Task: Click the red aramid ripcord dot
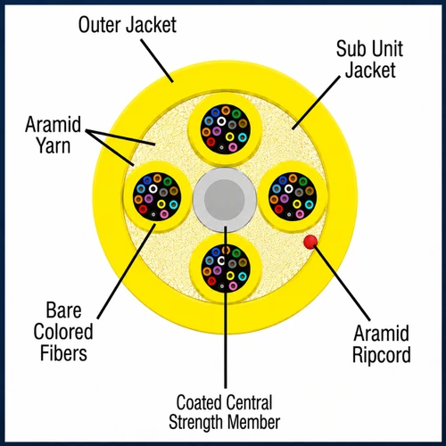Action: point(310,242)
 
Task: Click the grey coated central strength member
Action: point(225,199)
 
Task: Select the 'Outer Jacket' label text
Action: point(128,25)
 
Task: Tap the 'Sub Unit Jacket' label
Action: point(369,59)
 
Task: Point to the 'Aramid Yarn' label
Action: point(53,135)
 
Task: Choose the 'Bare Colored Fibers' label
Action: point(63,332)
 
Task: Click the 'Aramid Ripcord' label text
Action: point(382,344)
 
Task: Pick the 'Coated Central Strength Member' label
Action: point(225,412)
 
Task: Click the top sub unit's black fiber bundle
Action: point(226,128)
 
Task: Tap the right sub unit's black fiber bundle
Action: point(293,196)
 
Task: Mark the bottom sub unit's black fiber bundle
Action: point(226,268)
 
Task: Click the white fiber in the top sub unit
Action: point(221,120)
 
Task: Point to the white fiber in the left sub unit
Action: point(153,188)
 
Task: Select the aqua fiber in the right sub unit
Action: point(310,204)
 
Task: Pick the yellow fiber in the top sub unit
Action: point(229,136)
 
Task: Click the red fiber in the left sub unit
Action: point(143,210)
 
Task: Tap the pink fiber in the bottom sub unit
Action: point(233,286)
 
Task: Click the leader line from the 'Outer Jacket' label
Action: point(157,61)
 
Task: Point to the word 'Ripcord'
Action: point(382,355)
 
